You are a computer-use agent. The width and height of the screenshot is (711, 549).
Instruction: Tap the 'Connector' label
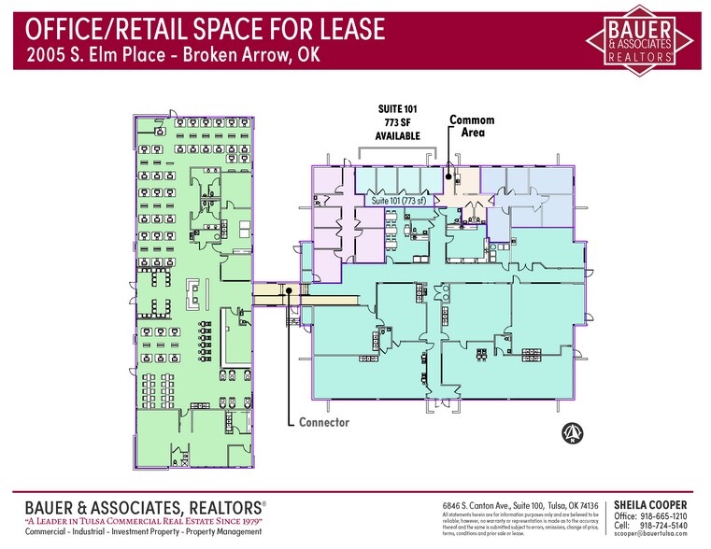(x=323, y=422)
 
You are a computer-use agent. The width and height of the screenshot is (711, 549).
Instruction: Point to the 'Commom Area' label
(x=472, y=127)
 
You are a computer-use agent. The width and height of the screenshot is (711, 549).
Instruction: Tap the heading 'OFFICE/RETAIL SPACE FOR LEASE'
(x=200, y=29)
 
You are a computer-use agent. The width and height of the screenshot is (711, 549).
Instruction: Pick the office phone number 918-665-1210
(x=664, y=516)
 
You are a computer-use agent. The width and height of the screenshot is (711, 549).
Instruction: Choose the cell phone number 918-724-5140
(x=664, y=527)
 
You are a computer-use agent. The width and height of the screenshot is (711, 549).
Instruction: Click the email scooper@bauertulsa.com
(x=650, y=537)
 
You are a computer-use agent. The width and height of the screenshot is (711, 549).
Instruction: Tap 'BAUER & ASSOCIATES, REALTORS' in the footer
(x=141, y=505)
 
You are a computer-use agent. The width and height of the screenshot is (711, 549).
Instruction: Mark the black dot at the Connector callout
(x=291, y=289)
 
